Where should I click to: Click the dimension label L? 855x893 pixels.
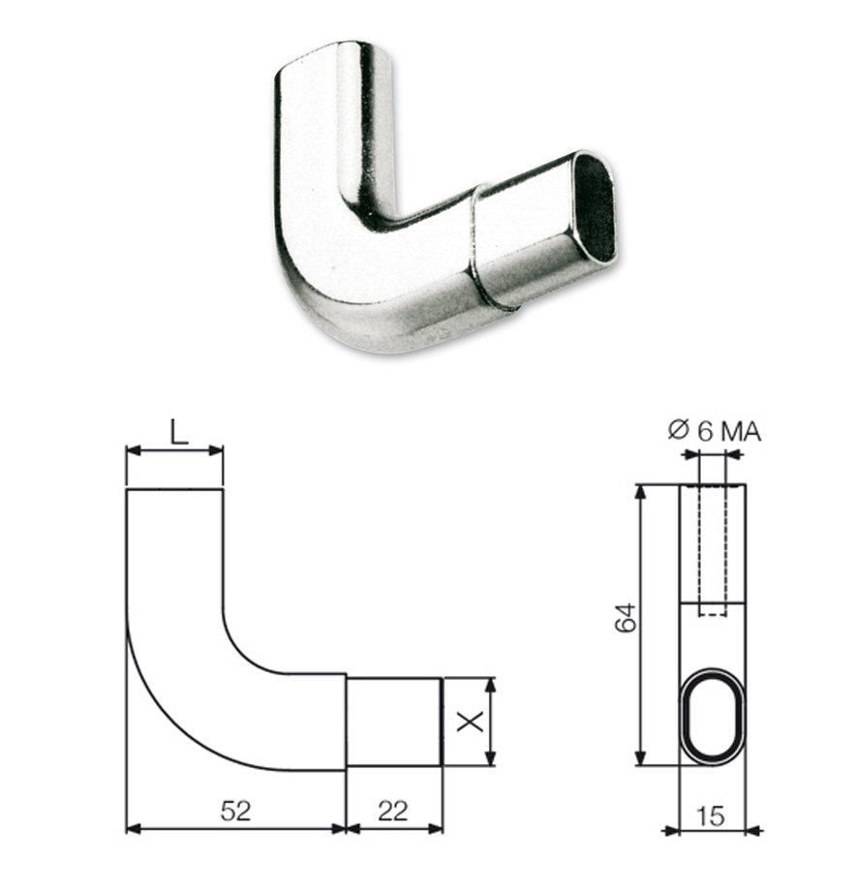[x=179, y=432]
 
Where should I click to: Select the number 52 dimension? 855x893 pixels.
[x=235, y=811]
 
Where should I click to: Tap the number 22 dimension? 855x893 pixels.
[x=393, y=811]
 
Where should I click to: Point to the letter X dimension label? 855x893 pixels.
[x=471, y=722]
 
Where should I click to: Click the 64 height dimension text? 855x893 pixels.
[x=626, y=617]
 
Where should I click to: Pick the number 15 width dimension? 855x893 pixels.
[x=711, y=816]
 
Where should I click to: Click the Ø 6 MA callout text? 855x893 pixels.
[x=715, y=431]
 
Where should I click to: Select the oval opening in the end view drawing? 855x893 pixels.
[x=713, y=716]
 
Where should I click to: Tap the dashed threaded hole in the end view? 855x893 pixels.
[x=712, y=550]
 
